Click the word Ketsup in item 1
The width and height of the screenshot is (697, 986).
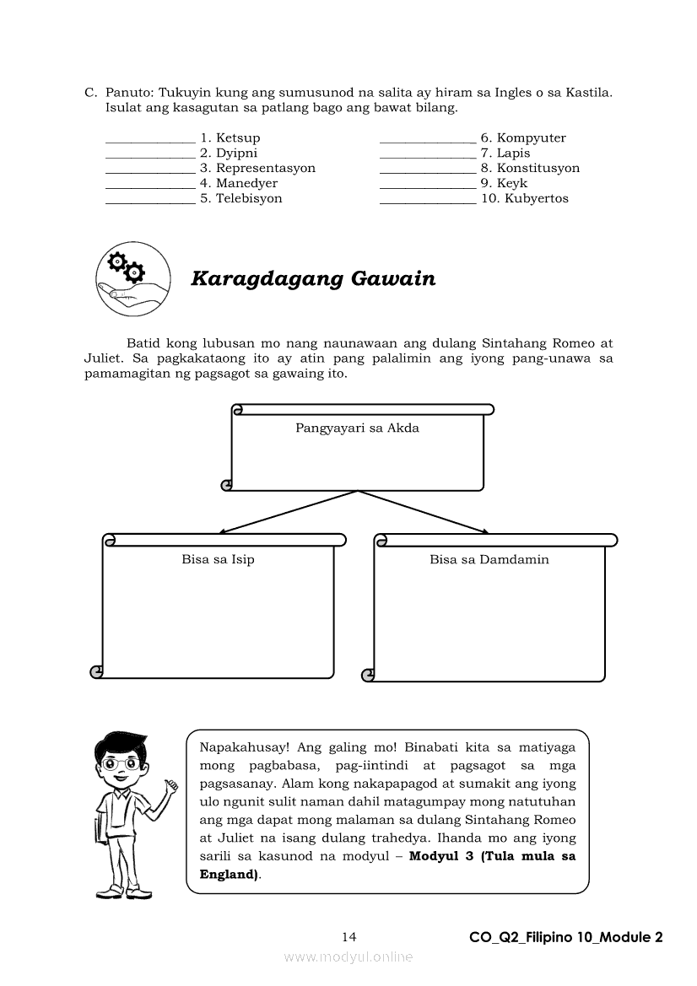[238, 137]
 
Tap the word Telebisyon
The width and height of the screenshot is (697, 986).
[249, 198]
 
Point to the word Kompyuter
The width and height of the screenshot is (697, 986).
[531, 137]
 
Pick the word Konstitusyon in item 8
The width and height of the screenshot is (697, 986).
[538, 168]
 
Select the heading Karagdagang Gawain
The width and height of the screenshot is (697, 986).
[313, 278]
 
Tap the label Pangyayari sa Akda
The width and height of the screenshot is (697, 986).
[357, 428]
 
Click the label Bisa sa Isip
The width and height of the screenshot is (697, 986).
[218, 559]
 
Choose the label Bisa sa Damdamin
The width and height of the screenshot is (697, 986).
[489, 559]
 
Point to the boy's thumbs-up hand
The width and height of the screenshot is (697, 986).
[171, 786]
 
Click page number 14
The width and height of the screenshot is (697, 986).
[349, 937]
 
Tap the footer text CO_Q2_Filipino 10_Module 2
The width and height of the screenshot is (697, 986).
[565, 937]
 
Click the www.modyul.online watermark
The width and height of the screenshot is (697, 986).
[348, 956]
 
